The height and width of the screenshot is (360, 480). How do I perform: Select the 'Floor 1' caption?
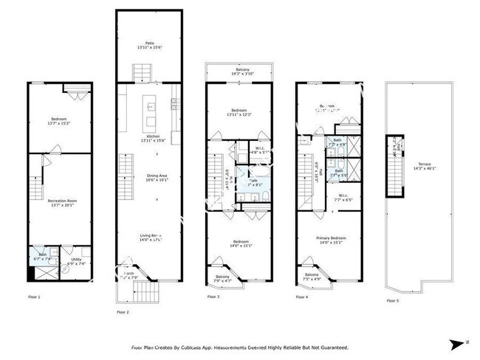click(x=33, y=297)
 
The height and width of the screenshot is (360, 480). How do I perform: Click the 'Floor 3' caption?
click(x=213, y=297)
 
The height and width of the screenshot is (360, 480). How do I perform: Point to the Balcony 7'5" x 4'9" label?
click(x=312, y=277)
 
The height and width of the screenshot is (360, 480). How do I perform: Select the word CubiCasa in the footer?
click(x=226, y=347)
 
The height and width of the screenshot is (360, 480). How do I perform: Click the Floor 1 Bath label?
click(x=42, y=257)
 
